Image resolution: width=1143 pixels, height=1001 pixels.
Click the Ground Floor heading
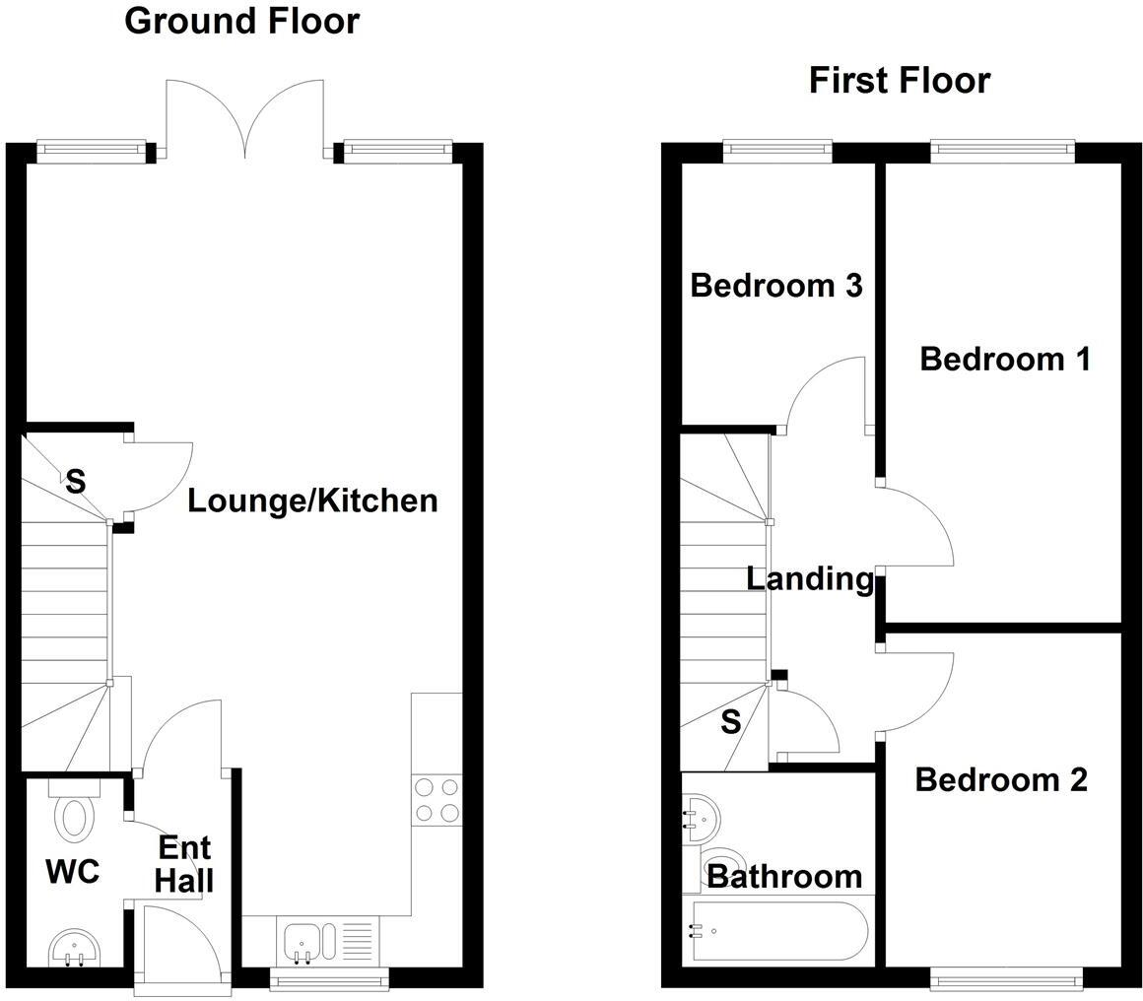pos(241,21)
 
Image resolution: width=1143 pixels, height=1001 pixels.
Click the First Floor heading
pos(899,80)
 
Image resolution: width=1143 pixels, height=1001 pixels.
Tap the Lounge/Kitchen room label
pos(312,500)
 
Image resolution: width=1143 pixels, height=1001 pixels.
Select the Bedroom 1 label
pos(1004,359)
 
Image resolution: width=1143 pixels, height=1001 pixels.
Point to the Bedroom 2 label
pos(1001,779)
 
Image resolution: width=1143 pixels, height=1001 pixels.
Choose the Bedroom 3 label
pos(776,285)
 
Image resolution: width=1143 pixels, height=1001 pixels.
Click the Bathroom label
pos(784,875)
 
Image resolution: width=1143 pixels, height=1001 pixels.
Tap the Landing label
pos(810,578)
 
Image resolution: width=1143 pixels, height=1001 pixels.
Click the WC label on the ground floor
pos(72,871)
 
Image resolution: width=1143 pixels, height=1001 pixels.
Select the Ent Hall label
pos(184,863)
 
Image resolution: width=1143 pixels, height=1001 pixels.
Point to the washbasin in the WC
pos(73,948)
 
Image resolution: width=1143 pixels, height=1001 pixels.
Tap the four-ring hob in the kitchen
pos(437,799)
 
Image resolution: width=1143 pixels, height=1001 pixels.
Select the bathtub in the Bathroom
pos(778,931)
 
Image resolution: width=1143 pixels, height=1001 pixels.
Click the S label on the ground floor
pos(75,483)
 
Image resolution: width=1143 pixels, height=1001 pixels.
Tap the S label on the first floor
pos(730,722)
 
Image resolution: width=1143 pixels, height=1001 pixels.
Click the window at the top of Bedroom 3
pos(777,150)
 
